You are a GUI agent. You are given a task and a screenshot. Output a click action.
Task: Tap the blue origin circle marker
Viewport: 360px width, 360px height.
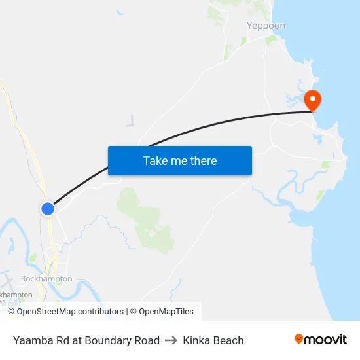click(47, 208)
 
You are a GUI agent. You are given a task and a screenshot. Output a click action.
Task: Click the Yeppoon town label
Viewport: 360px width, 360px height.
click(266, 26)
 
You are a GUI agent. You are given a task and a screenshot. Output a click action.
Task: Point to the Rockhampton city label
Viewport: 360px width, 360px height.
click(46, 279)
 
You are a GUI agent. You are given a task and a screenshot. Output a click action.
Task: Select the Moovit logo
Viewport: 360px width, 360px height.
click(320, 340)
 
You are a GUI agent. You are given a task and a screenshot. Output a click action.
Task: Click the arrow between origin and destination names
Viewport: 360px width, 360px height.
click(171, 340)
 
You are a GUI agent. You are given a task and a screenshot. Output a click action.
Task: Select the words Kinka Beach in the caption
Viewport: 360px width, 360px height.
click(213, 340)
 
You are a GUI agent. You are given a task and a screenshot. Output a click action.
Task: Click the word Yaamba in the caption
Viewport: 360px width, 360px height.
click(31, 340)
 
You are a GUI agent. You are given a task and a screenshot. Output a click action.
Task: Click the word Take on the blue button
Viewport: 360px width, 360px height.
click(154, 160)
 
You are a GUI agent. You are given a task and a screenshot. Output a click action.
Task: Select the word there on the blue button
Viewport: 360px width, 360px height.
click(202, 160)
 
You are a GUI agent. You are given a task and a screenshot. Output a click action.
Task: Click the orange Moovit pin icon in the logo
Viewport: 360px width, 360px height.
click(299, 339)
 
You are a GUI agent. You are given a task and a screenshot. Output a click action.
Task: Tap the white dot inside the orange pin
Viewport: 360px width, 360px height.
click(313, 99)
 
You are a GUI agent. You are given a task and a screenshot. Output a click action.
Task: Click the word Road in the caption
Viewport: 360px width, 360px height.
click(147, 340)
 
